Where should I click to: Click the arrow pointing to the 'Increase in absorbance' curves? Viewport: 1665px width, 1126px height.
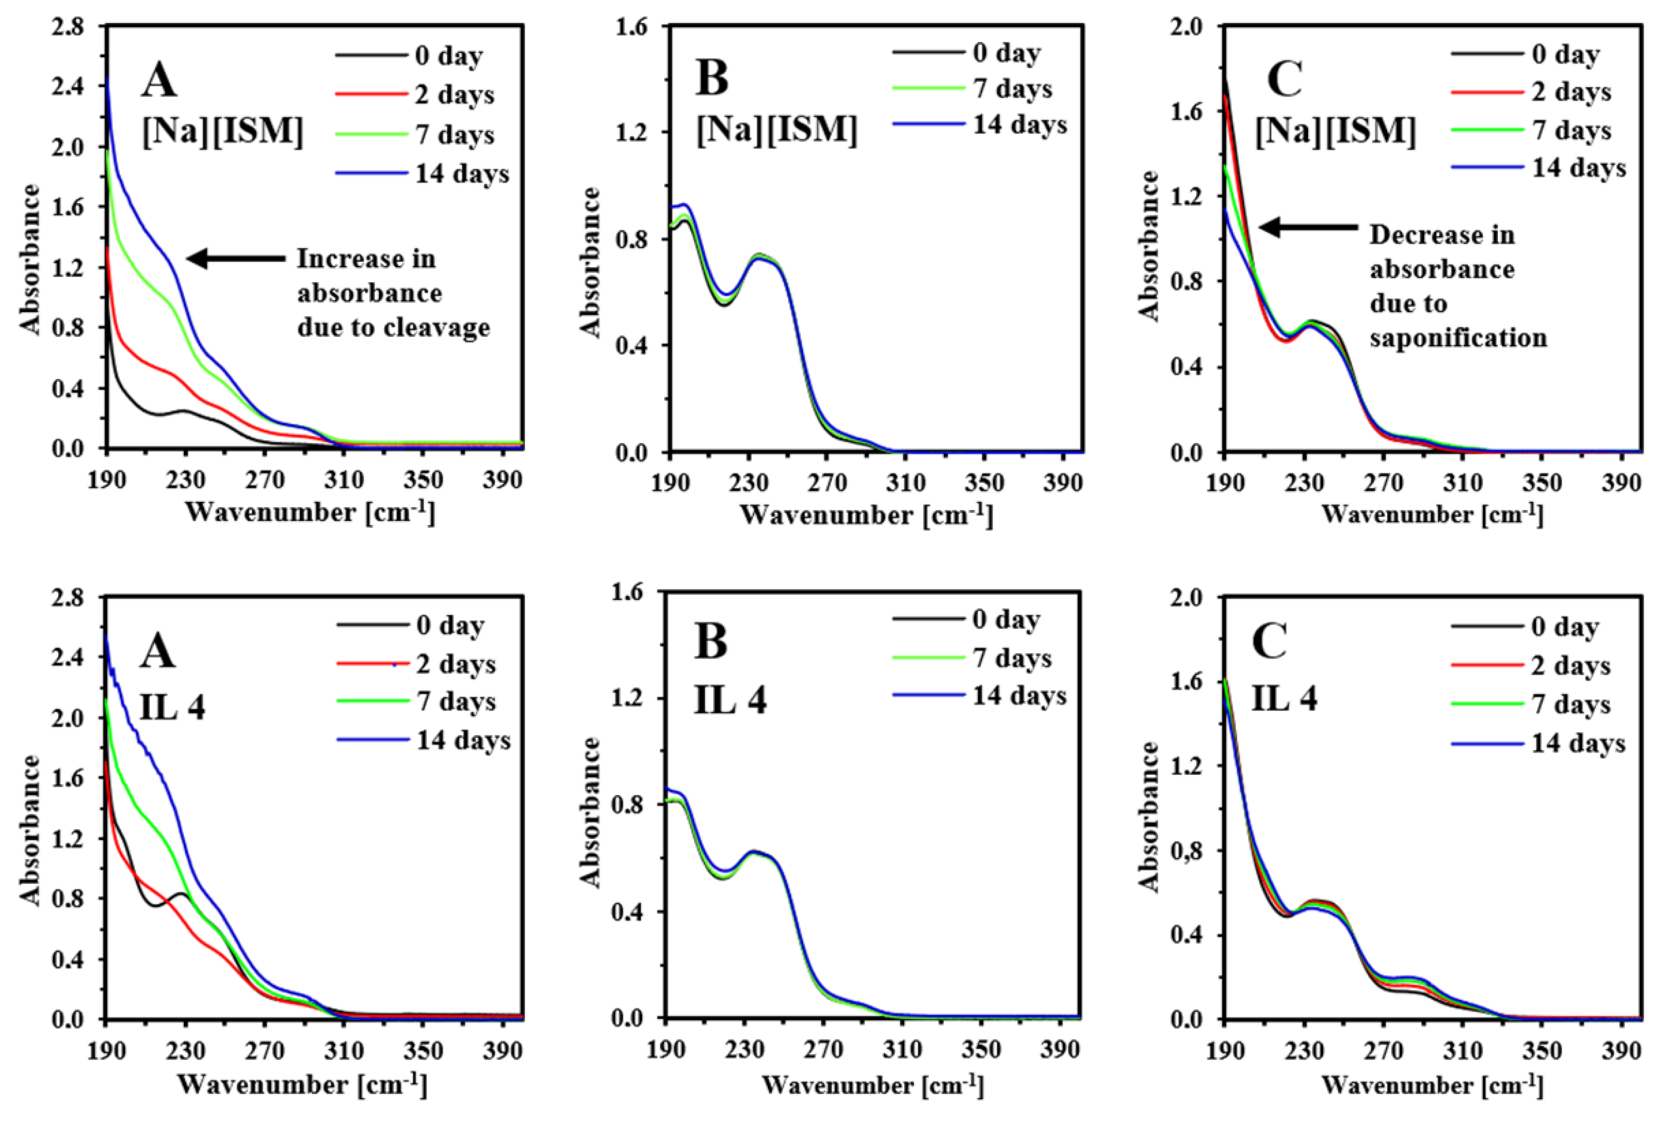coord(236,259)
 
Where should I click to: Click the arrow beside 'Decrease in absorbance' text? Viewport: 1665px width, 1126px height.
coord(1308,228)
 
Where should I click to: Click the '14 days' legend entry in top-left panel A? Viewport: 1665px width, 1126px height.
coord(462,174)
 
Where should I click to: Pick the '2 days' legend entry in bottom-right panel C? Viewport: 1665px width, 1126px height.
coord(1571,666)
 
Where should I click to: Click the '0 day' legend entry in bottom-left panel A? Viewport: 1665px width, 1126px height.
coord(450,626)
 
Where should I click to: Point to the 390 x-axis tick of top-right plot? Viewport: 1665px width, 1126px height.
coord(1620,483)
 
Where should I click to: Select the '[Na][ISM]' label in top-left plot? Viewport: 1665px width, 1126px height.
coord(223,132)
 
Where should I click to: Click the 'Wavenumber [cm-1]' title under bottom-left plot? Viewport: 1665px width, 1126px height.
coord(302,1084)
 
